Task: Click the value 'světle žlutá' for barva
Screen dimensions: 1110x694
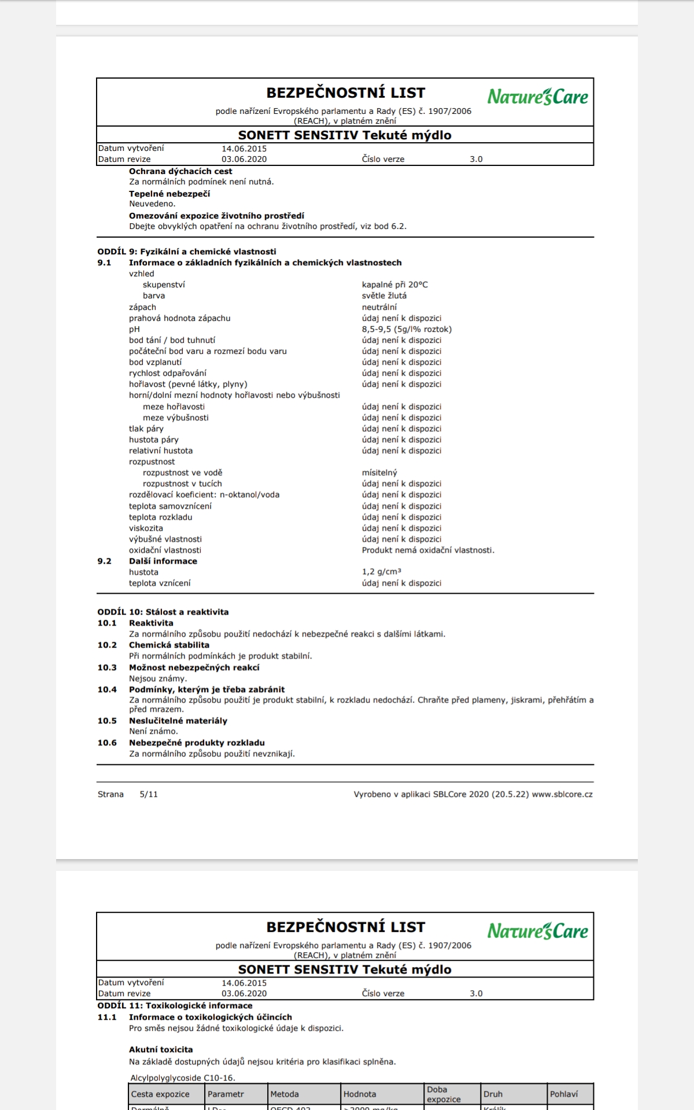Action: (384, 295)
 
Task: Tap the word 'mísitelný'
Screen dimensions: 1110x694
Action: (379, 472)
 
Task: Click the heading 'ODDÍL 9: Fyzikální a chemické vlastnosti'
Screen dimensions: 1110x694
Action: (187, 251)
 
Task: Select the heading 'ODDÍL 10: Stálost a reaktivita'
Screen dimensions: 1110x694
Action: (163, 612)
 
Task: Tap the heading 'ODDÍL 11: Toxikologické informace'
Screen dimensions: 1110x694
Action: (175, 1005)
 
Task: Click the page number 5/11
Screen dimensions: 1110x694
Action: (149, 794)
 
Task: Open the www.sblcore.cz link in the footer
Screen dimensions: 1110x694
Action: (562, 794)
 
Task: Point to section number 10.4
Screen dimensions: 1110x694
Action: (107, 689)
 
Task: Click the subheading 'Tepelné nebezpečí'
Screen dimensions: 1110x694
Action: (169, 194)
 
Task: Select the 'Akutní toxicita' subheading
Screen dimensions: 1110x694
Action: (161, 1049)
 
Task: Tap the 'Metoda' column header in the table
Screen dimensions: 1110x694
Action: (285, 1094)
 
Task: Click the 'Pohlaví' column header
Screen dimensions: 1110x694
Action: (564, 1094)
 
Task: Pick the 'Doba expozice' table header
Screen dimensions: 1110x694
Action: (444, 1094)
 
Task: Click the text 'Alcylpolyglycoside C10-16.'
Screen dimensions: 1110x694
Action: (183, 1078)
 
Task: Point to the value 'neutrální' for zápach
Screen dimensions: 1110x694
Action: (379, 307)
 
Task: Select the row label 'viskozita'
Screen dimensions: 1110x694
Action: (146, 528)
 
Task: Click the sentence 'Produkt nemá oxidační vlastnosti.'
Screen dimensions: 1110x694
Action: (428, 550)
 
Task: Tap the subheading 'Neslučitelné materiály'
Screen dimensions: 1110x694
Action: (178, 720)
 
